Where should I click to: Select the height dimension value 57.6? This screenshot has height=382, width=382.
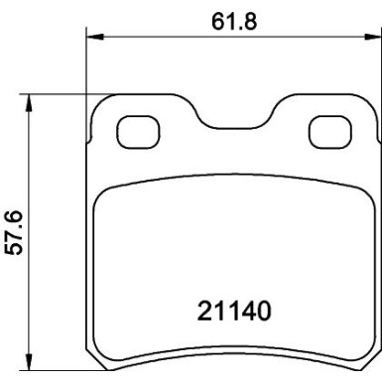click(x=13, y=231)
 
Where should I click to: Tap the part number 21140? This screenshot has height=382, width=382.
click(x=230, y=312)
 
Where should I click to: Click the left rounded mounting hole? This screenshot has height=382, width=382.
click(x=134, y=130)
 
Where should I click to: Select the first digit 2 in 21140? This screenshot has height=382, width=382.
click(x=197, y=312)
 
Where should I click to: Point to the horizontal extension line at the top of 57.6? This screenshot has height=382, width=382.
click(x=60, y=95)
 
